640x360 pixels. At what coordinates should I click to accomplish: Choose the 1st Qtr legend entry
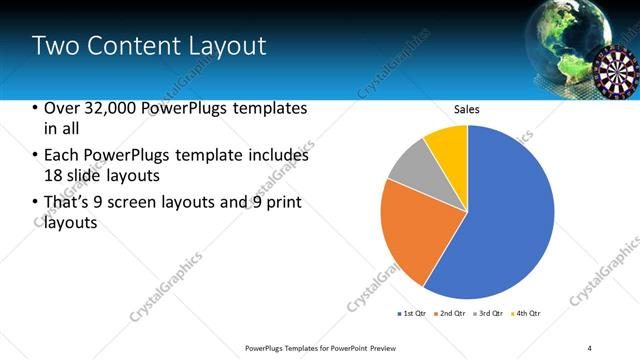coord(411,313)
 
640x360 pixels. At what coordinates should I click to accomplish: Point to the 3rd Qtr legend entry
coord(487,313)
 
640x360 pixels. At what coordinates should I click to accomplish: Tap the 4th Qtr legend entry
coord(525,313)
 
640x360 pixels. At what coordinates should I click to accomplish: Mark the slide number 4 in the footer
coord(590,347)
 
